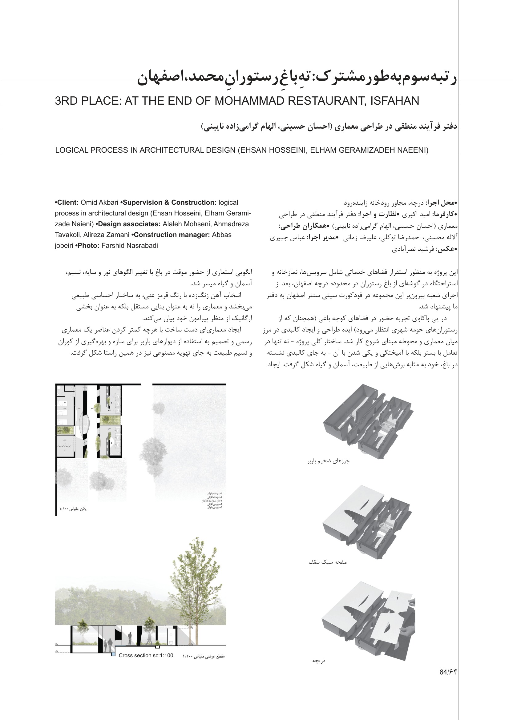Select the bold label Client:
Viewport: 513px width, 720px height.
(x=67, y=203)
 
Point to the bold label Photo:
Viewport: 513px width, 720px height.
(x=87, y=246)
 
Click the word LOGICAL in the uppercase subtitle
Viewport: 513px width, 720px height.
(x=72, y=150)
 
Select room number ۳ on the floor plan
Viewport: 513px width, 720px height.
(x=65, y=404)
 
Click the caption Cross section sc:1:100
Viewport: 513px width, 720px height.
(x=146, y=656)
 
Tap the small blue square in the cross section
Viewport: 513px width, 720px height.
(x=113, y=655)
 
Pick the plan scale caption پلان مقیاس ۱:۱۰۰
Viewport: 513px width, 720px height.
(x=73, y=509)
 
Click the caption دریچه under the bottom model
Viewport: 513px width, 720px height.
(x=319, y=661)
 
